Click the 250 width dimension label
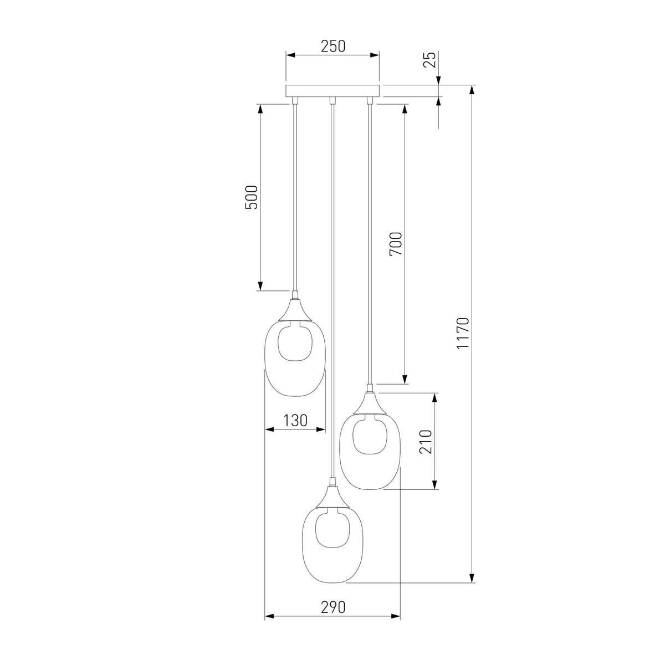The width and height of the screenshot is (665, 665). click(x=333, y=47)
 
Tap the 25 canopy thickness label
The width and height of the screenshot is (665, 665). click(x=429, y=60)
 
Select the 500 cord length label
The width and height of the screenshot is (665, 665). click(x=251, y=197)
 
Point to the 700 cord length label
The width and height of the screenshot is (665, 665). click(x=396, y=244)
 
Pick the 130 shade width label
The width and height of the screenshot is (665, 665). click(x=295, y=420)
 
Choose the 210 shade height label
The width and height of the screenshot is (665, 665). click(x=426, y=442)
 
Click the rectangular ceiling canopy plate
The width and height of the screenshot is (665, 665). click(x=332, y=91)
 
